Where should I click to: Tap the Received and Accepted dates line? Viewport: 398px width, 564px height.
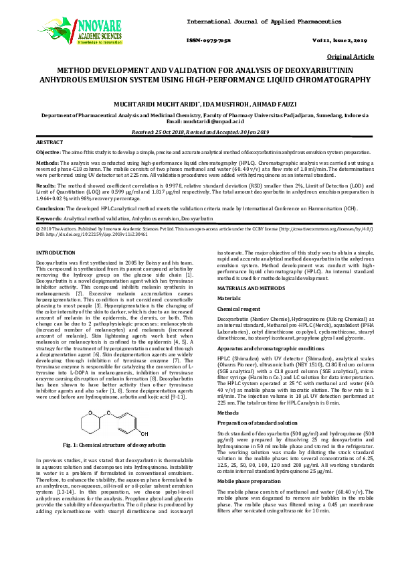(x=199, y=133)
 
